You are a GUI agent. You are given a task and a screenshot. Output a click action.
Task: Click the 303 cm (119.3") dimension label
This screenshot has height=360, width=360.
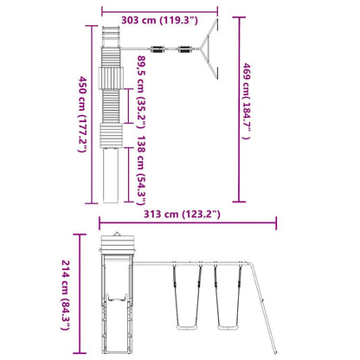click(159, 21)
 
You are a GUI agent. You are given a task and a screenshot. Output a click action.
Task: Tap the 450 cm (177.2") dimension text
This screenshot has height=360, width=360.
click(82, 114)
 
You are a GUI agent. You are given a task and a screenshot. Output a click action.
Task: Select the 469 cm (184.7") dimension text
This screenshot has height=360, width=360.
click(246, 101)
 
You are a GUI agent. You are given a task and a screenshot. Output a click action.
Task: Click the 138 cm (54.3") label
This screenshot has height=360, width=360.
click(141, 170)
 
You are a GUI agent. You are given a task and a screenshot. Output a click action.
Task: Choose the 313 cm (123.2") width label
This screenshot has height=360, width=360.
click(182, 215)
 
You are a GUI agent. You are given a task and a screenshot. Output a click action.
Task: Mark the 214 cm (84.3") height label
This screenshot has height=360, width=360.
click(66, 295)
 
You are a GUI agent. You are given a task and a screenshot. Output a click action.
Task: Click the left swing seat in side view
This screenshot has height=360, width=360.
click(187, 327)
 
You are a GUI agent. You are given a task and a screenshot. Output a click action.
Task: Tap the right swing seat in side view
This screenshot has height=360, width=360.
click(228, 327)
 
